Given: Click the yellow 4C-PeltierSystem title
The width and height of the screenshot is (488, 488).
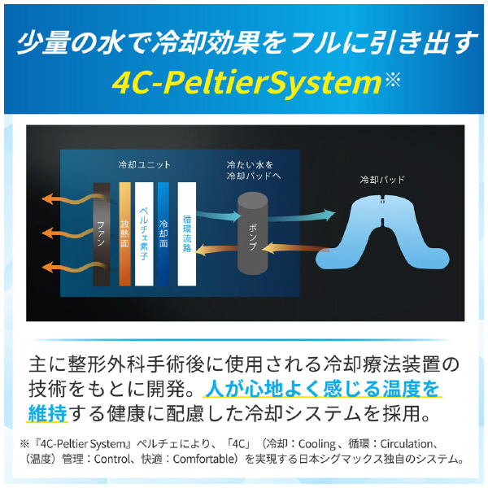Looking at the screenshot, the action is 246,82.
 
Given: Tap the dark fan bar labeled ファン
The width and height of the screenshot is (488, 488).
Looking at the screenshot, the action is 102,234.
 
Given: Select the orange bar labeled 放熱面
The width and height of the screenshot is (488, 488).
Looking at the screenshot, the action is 124,234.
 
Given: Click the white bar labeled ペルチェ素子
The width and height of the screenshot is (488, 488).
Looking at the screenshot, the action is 144,234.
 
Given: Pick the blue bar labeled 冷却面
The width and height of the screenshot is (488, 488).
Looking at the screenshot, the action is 163,234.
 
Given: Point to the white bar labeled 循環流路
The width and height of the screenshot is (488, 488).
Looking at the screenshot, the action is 187,234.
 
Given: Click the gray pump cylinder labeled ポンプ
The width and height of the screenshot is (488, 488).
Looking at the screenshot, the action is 253,233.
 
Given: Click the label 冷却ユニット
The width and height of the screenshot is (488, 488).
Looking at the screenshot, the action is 145,164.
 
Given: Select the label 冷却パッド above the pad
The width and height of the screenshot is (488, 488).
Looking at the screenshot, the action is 382,180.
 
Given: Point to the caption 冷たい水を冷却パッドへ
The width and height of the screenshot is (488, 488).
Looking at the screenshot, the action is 254,170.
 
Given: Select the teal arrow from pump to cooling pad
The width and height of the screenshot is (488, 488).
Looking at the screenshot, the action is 301,216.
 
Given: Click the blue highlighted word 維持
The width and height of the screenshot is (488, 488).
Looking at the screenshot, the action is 48,414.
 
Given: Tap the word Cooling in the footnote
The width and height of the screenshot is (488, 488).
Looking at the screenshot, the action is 317,443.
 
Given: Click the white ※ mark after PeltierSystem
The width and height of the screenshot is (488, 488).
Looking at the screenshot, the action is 393,80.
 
